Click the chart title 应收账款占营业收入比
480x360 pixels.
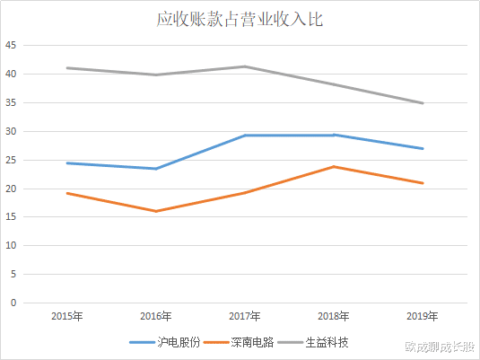pyautogui.click(x=240, y=19)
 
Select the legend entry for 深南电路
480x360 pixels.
pyautogui.click(x=240, y=342)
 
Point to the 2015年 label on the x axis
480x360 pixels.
pyautogui.click(x=67, y=316)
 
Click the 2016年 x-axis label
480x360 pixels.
pyautogui.click(x=156, y=316)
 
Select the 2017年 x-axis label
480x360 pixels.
pyautogui.click(x=245, y=316)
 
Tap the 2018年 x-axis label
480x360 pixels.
pyautogui.click(x=334, y=316)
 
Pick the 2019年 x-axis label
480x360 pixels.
pyautogui.click(x=423, y=316)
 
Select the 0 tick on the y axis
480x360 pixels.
pyautogui.click(x=13, y=303)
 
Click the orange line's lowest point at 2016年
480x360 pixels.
pyautogui.click(x=156, y=211)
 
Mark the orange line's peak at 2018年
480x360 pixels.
pyautogui.click(x=334, y=166)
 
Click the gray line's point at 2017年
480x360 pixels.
pyautogui.click(x=245, y=66)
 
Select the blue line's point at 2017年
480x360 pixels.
pyautogui.click(x=245, y=136)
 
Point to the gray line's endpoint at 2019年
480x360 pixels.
pyautogui.click(x=423, y=103)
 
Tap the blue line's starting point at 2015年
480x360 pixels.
pyautogui.click(x=67, y=163)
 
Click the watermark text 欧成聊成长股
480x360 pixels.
pyautogui.click(x=439, y=346)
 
